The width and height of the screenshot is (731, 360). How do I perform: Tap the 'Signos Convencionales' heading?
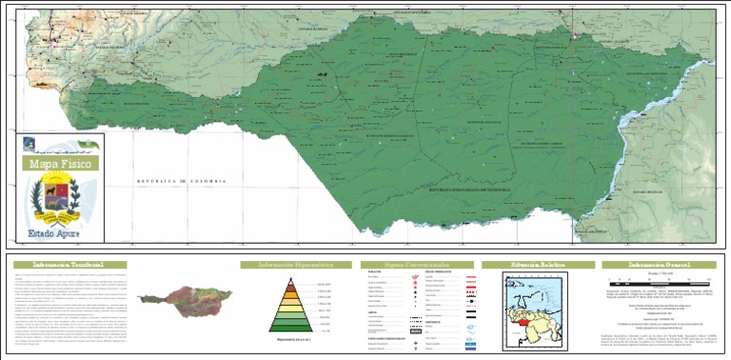click(415, 264)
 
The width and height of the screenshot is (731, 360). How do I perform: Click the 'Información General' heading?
click(657, 264)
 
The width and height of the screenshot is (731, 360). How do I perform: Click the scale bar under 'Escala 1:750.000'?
click(657, 281)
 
